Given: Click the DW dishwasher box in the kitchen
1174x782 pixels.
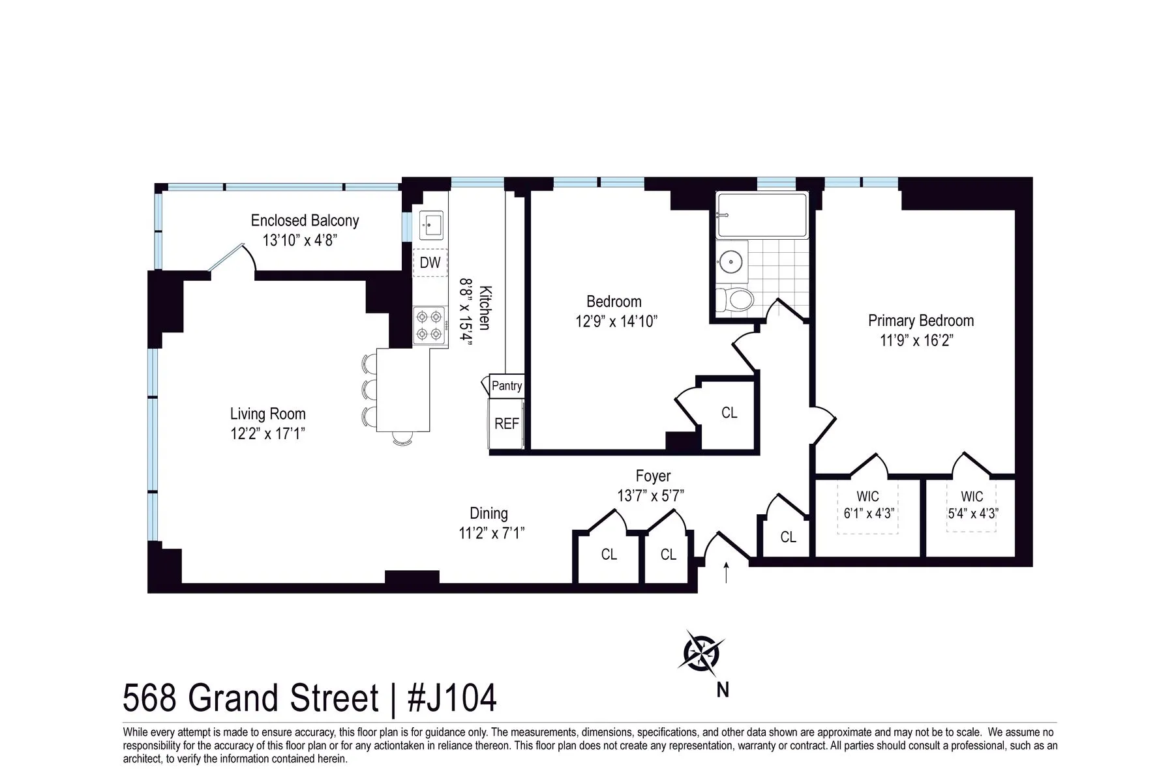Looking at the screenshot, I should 430,263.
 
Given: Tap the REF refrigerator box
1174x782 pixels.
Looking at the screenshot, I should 506,424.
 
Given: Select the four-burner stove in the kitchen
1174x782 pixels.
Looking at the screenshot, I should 430,326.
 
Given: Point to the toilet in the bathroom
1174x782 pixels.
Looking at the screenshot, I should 736,300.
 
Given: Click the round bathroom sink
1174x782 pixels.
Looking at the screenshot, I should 730,263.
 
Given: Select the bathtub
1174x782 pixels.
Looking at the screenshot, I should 761,216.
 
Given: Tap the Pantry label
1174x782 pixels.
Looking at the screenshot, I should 507,386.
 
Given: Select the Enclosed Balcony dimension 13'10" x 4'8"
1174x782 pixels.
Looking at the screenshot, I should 300,240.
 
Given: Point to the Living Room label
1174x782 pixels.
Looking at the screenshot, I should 267,414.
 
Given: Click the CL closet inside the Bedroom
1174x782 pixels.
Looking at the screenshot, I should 729,413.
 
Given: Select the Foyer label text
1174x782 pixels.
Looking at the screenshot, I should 653,476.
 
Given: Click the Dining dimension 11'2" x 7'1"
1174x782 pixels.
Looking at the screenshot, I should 491,534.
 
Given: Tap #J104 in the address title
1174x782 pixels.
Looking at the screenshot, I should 452,699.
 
